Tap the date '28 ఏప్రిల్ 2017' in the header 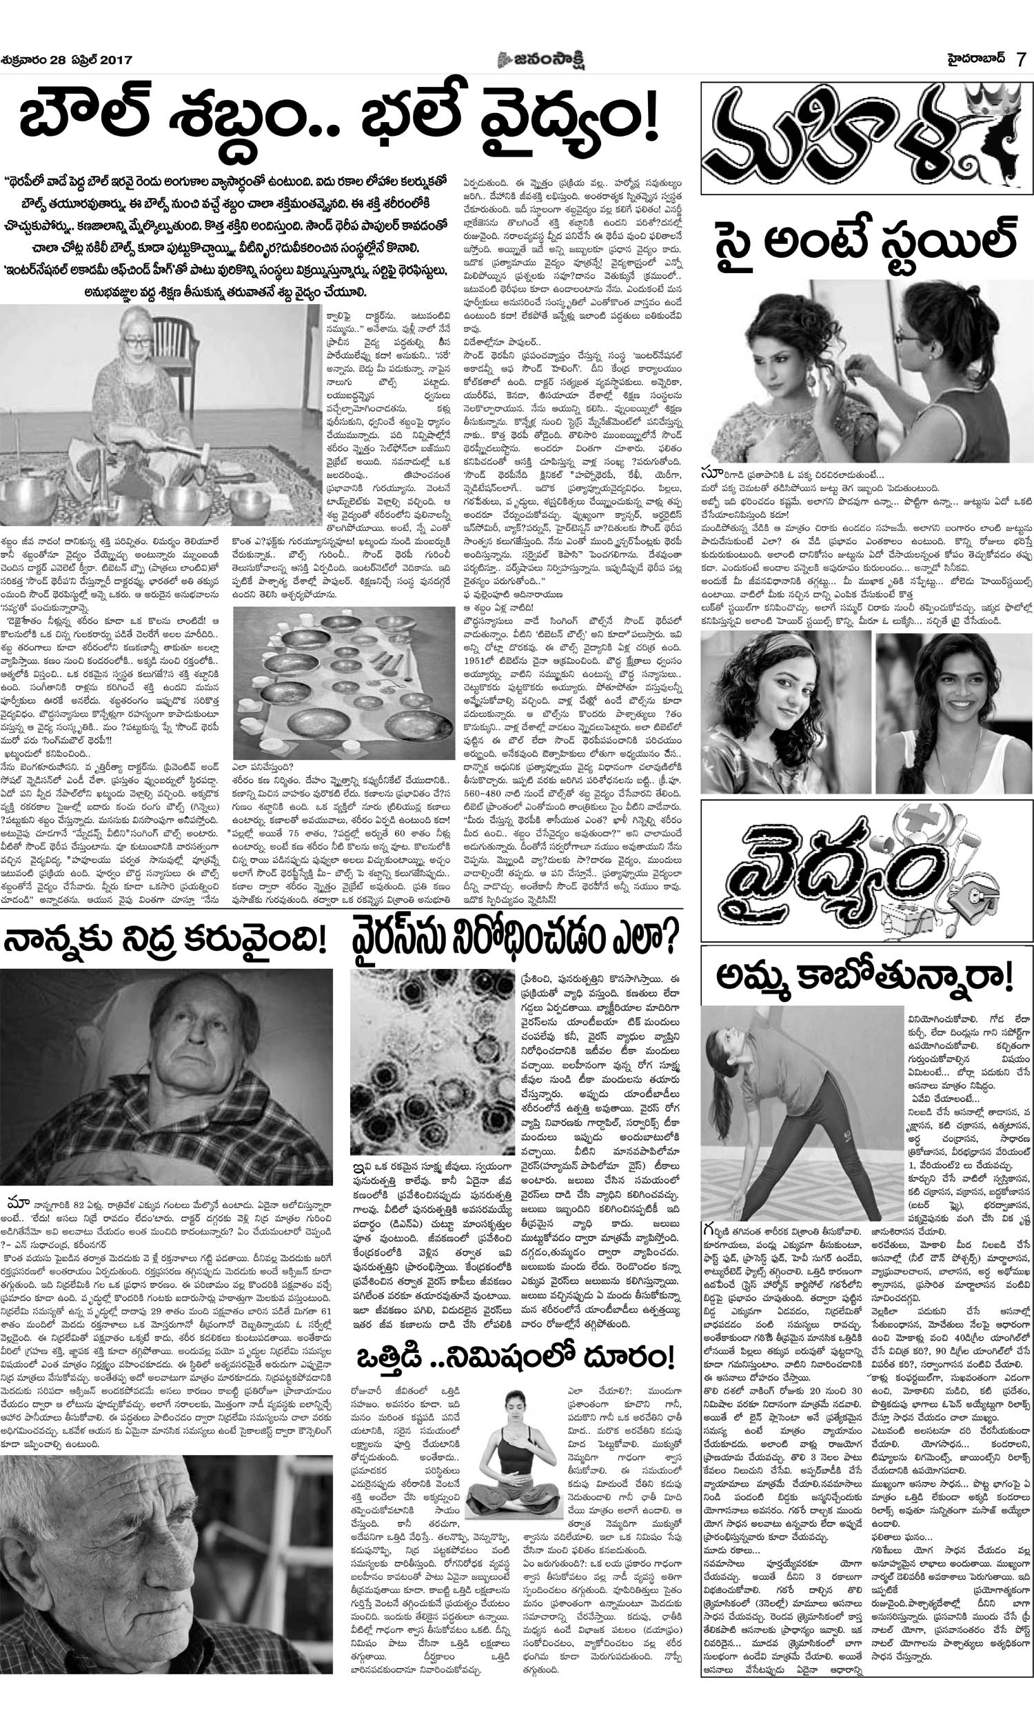click(x=91, y=61)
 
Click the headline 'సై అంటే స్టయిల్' click(x=864, y=241)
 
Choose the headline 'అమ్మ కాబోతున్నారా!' click(x=864, y=979)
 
